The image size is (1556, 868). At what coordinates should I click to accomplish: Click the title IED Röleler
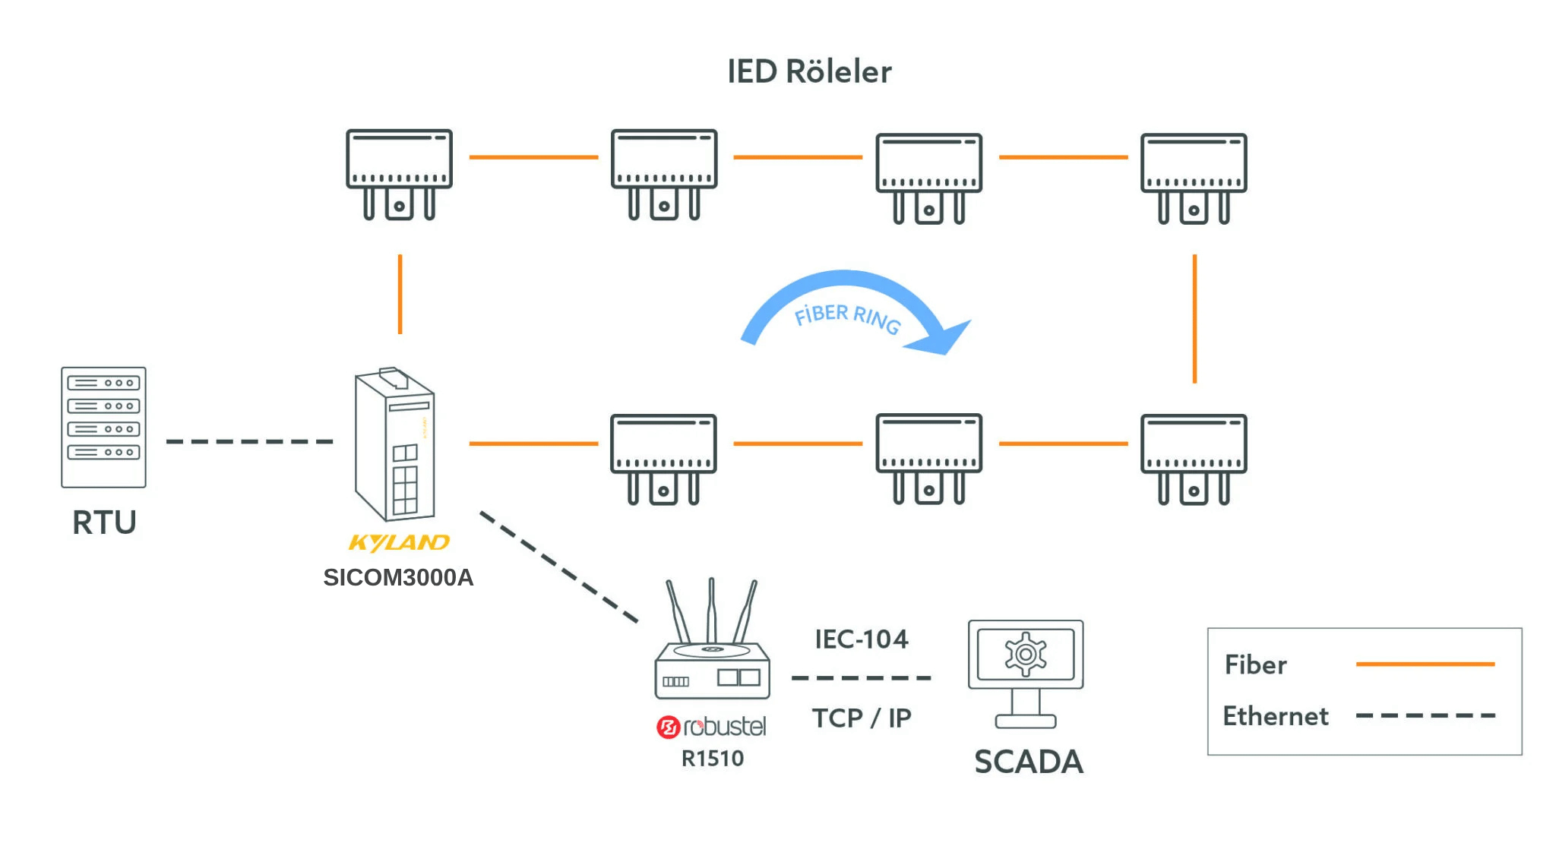tap(809, 71)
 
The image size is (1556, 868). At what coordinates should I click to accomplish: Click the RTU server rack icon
tap(103, 427)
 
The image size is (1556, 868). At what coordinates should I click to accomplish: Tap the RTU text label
tap(104, 522)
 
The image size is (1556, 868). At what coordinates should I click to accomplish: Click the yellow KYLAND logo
tap(399, 542)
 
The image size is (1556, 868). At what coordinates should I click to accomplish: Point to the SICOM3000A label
tap(398, 577)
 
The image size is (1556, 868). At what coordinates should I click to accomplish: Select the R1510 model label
tap(712, 758)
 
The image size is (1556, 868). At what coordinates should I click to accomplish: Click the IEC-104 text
tap(861, 639)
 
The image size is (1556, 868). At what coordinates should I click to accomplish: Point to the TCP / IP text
tap(861, 718)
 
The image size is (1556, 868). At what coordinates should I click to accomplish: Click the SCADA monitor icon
tap(1026, 672)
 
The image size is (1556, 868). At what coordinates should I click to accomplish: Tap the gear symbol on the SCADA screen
tap(1026, 654)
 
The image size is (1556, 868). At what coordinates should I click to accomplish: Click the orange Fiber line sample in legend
tap(1425, 664)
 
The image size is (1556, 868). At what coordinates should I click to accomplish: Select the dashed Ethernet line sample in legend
tap(1425, 715)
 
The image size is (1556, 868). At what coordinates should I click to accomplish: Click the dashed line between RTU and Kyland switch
tap(249, 441)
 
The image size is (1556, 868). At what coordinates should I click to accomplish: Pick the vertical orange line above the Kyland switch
tap(400, 294)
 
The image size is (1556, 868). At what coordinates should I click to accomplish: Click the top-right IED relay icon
tap(1193, 177)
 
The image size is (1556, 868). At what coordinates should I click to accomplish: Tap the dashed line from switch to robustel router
tap(558, 566)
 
